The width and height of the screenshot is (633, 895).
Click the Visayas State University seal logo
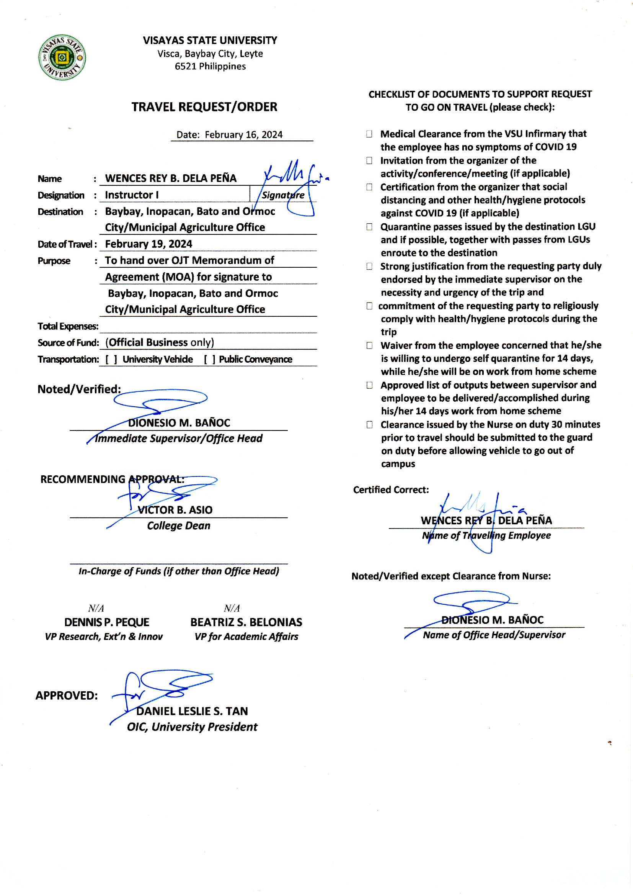point(62,58)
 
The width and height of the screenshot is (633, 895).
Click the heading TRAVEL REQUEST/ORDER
point(204,107)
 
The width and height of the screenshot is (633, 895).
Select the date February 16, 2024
point(244,135)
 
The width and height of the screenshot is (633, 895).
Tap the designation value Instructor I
point(131,195)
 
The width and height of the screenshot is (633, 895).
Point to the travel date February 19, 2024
point(148,244)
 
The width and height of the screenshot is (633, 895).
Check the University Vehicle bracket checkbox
point(111,359)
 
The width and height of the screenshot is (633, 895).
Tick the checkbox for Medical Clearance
point(369,134)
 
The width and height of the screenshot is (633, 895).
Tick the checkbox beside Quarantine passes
point(369,227)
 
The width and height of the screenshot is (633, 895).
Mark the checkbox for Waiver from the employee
point(369,345)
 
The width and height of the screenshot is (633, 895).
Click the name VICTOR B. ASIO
point(175,510)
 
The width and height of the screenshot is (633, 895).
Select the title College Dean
point(178,526)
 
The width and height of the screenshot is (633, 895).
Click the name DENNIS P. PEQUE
point(107,622)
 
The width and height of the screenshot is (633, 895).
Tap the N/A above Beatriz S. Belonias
point(232,609)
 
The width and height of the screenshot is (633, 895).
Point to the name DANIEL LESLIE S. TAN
point(192,711)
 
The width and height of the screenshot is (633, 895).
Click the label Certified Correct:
point(391,490)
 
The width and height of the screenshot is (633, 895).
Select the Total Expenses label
point(68,326)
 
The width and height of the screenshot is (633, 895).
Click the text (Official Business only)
point(160,342)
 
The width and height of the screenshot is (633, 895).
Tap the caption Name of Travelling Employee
point(486,536)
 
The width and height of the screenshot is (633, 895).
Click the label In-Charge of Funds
point(179,571)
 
